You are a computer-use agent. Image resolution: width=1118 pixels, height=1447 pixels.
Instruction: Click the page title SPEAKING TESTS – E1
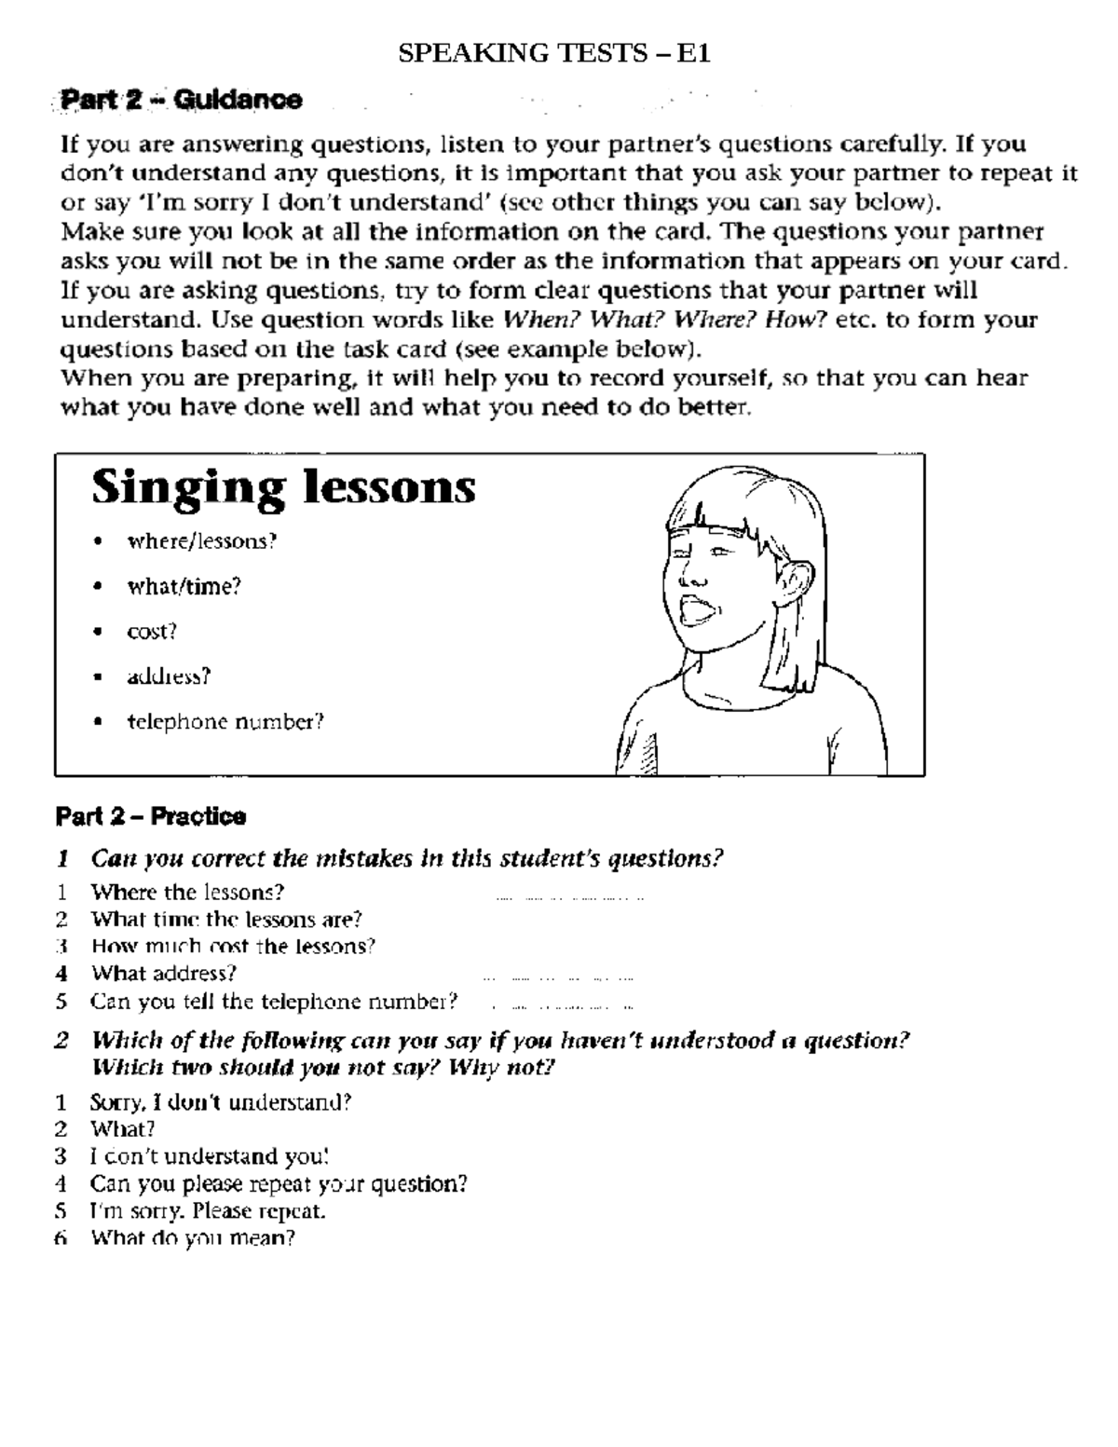pos(554,54)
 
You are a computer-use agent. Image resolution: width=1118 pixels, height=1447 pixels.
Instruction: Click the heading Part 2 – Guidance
pos(181,100)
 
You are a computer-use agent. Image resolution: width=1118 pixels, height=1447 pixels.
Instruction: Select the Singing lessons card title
pos(283,487)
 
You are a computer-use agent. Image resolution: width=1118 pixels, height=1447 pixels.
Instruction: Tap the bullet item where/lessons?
pos(202,541)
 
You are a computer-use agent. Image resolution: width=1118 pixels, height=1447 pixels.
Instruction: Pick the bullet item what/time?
pos(184,586)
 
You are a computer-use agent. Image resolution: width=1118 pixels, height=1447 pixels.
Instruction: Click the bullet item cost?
pos(152,631)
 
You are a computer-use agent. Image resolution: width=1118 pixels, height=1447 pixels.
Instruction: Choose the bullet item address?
pos(169,676)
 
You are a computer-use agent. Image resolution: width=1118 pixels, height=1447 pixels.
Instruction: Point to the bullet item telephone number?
pos(225,722)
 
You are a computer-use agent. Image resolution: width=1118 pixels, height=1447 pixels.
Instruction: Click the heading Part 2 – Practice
pos(151,817)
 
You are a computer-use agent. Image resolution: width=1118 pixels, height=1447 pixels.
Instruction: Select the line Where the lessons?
pos(186,893)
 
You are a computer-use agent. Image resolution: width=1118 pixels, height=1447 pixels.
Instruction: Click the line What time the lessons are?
pos(225,920)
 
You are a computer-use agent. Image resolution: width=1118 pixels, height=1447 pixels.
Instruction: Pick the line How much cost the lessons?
pos(233,947)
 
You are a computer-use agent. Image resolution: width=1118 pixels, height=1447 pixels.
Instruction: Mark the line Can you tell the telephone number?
pos(274,1002)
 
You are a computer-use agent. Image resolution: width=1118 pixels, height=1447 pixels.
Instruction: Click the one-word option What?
pos(122,1129)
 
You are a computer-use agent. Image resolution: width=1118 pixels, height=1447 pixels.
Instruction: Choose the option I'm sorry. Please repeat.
pos(207,1211)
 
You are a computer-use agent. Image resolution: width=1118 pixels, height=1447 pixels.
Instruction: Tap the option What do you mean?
pos(192,1238)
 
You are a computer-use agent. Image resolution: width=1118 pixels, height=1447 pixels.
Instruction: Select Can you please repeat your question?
pos(278,1184)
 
